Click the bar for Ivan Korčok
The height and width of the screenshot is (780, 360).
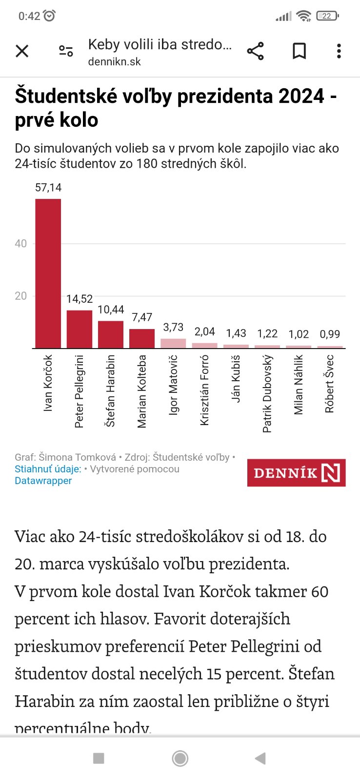(48, 273)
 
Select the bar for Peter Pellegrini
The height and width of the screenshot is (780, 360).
(79, 329)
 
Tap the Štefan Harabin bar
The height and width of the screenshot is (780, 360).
(111, 334)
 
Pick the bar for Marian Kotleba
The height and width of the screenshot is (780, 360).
(142, 338)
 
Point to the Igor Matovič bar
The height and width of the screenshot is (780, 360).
(173, 343)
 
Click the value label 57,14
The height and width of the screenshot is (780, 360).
(48, 188)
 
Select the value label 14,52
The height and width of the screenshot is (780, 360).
(80, 299)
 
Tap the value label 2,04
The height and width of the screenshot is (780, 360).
(205, 331)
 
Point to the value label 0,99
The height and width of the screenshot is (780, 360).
(330, 334)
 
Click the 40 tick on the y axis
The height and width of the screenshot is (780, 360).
(21, 244)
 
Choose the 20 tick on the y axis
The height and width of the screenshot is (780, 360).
(21, 296)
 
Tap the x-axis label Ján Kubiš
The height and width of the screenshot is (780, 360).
(236, 378)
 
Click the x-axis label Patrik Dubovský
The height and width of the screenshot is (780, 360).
(267, 393)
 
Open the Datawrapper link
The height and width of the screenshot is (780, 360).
(43, 481)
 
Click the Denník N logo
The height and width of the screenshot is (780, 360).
(296, 472)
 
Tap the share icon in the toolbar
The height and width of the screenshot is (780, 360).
(255, 51)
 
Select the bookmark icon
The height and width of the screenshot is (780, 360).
(299, 51)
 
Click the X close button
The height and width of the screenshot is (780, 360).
(22, 51)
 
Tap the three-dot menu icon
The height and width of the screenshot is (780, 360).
(339, 51)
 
